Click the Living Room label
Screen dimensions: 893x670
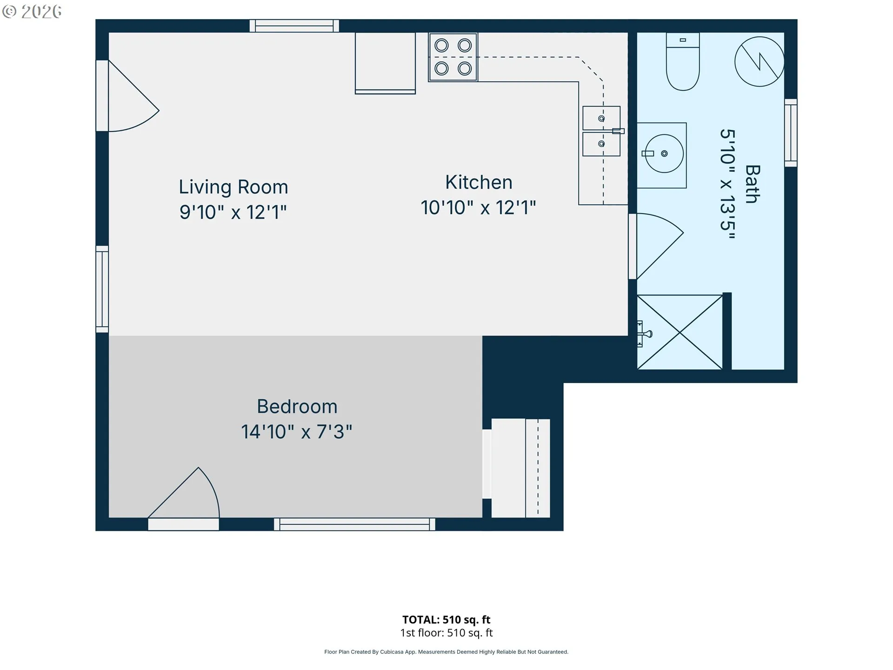(233, 187)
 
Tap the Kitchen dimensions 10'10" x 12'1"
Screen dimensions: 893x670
(478, 208)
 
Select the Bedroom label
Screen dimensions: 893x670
(297, 407)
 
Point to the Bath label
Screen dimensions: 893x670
(753, 184)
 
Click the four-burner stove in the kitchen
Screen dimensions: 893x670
(453, 57)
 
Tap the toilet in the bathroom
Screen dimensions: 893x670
(683, 61)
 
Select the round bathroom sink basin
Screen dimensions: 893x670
(664, 154)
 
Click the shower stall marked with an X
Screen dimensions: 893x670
(680, 332)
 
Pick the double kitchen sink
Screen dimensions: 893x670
(601, 131)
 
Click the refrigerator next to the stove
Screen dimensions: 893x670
(385, 63)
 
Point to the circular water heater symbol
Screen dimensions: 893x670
(759, 61)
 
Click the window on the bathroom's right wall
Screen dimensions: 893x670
(791, 133)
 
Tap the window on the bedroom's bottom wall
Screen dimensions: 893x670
(354, 524)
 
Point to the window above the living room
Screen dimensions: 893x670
(294, 26)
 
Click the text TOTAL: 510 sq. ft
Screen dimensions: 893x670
(446, 620)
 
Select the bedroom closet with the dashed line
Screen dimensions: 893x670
(520, 468)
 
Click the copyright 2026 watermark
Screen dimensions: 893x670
(32, 12)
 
